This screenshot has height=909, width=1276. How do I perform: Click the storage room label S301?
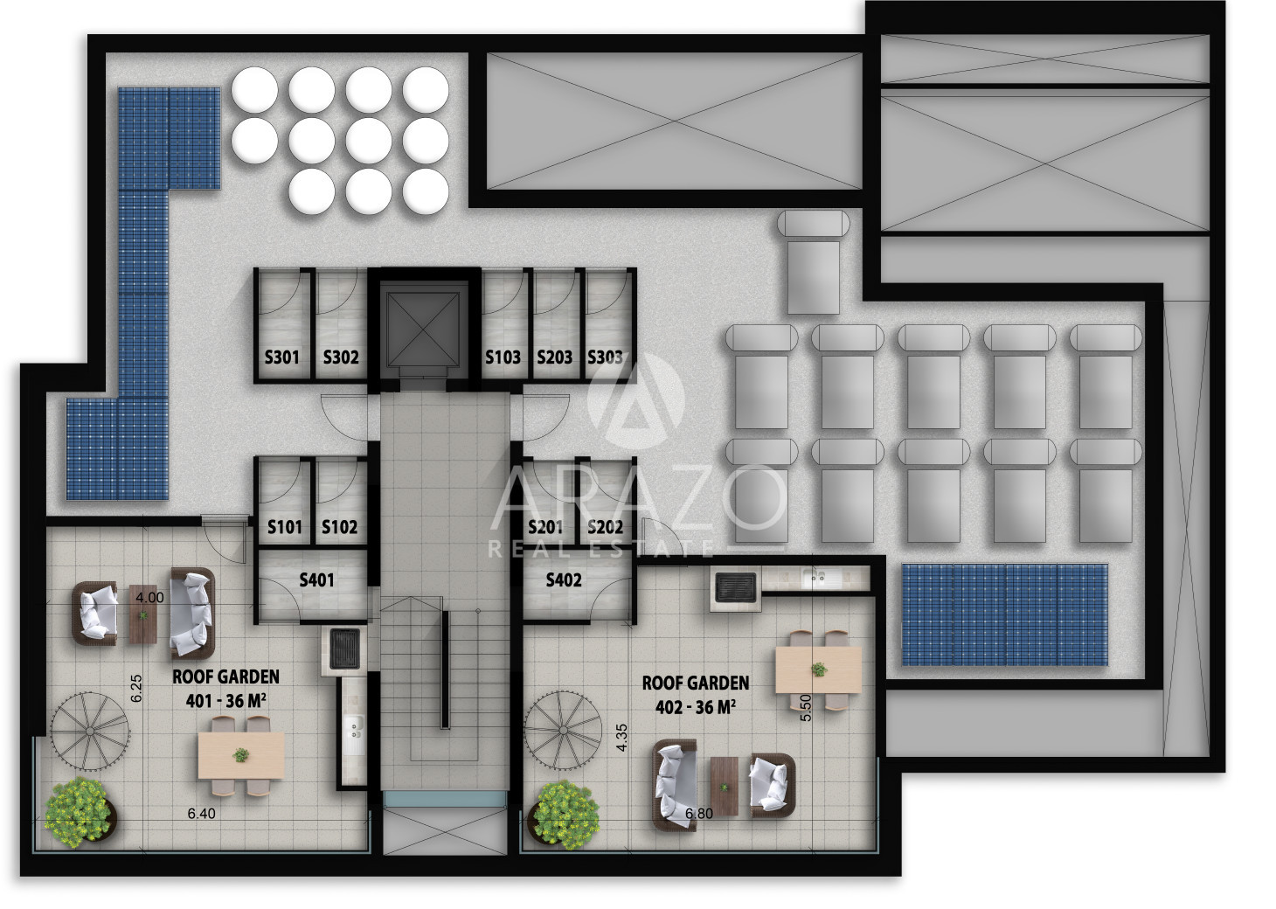[x=282, y=357]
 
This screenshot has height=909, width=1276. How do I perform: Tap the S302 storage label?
[x=341, y=357]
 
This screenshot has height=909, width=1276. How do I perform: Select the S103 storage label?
[x=503, y=357]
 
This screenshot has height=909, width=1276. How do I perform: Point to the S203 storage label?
[x=554, y=357]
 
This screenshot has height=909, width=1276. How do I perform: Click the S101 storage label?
[x=285, y=527]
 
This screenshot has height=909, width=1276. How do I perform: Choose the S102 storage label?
[x=339, y=527]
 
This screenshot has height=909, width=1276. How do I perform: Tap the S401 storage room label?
[x=316, y=579]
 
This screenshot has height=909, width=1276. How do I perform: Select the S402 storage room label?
[x=564, y=579]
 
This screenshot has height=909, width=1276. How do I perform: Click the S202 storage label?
[x=605, y=527]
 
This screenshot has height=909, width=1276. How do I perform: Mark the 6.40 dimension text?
[x=202, y=814]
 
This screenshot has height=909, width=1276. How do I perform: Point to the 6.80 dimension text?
[x=699, y=814]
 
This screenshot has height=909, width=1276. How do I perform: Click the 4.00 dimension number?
[x=149, y=598]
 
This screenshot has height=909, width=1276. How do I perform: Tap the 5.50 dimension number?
[x=806, y=708]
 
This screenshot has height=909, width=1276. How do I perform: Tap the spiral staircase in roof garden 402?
[x=563, y=731]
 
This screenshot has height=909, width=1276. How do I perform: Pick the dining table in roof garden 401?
[x=241, y=756]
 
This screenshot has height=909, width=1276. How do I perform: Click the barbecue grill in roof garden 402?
[x=735, y=587]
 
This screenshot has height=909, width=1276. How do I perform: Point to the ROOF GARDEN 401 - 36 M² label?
[x=226, y=689]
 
